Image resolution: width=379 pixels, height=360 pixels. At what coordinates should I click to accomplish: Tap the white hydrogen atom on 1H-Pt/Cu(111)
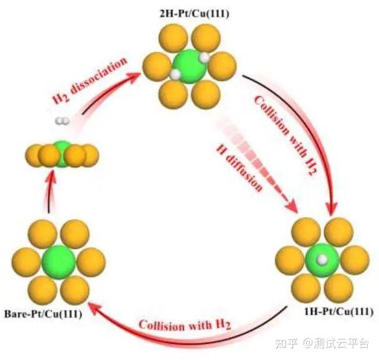click(322, 258)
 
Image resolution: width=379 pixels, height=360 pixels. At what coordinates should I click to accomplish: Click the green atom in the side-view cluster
click(61, 150)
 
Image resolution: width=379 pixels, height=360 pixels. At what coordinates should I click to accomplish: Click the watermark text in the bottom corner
click(335, 343)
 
